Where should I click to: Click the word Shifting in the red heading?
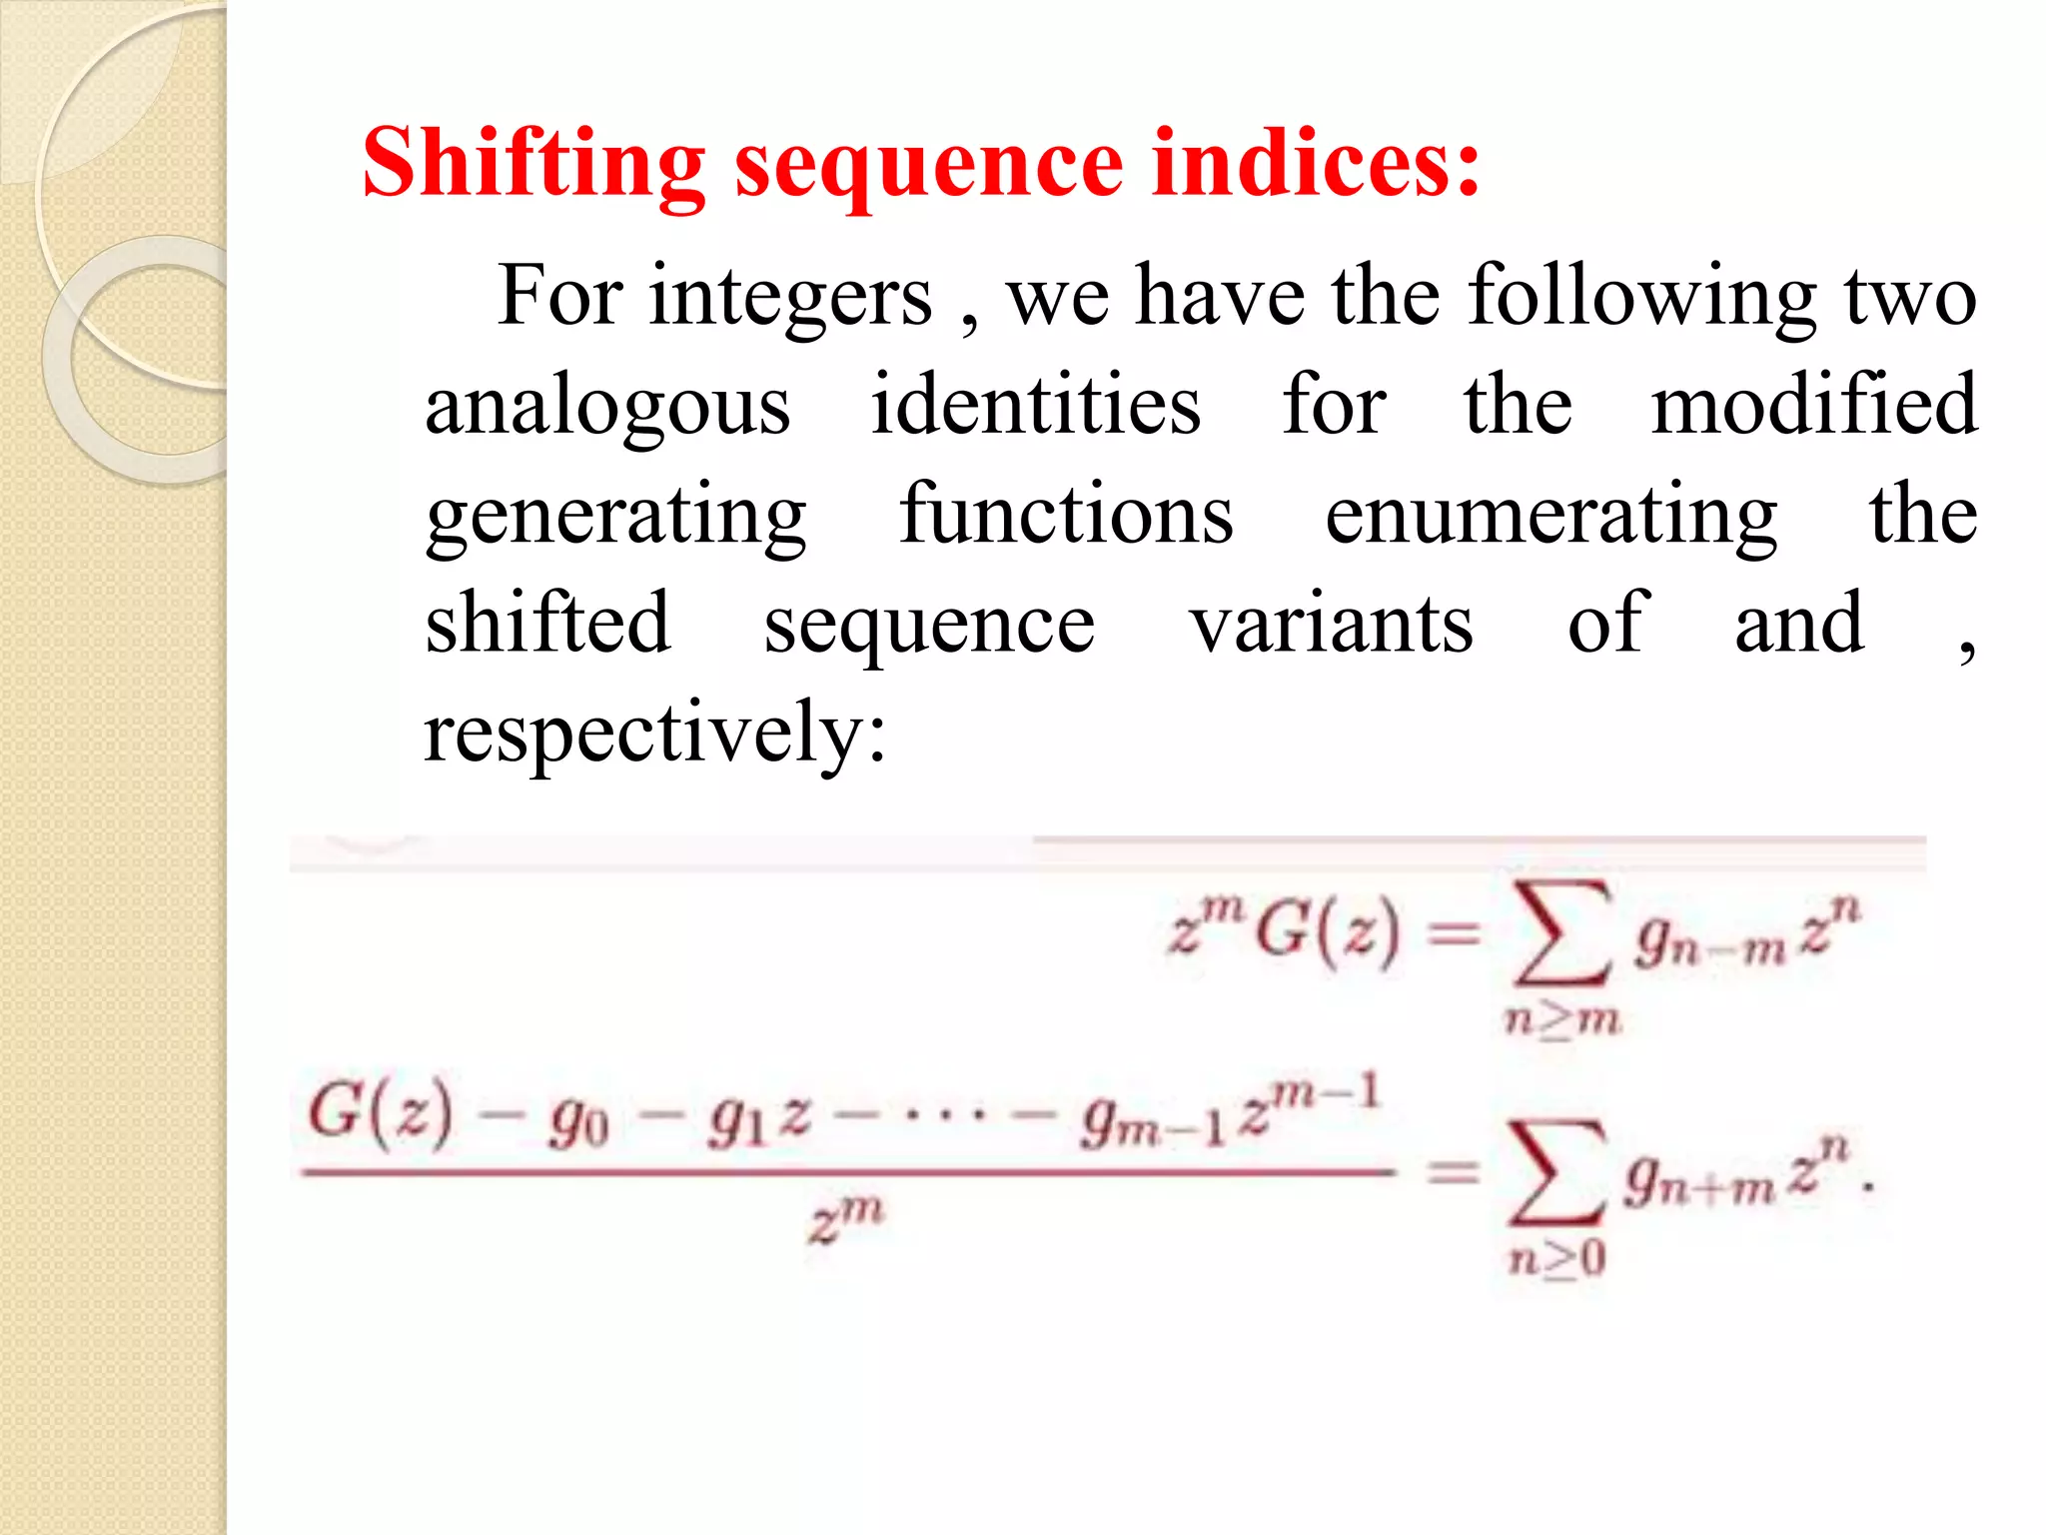(533, 165)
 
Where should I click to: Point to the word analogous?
(607, 408)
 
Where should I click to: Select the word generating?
(615, 517)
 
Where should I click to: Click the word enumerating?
(1550, 517)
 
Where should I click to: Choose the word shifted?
(547, 624)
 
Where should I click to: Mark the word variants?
(1331, 626)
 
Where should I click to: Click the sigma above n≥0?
(1556, 1174)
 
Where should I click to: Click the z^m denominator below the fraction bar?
(846, 1220)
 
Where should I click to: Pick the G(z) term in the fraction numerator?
(381, 1113)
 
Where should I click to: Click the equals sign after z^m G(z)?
(1453, 935)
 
